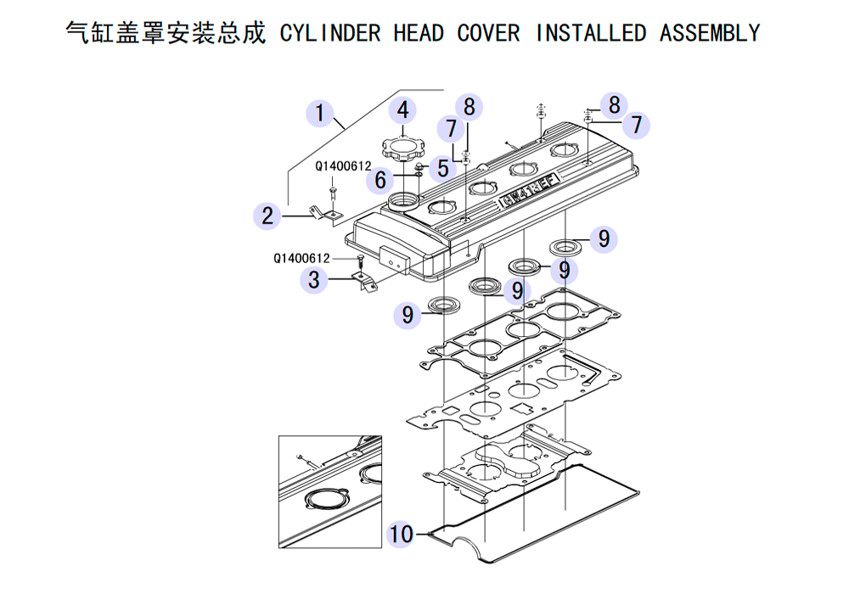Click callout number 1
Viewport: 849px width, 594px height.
(x=319, y=113)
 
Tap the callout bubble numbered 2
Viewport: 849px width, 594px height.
(x=267, y=216)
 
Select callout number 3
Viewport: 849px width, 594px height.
(x=314, y=279)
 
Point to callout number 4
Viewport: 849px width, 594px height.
(x=403, y=110)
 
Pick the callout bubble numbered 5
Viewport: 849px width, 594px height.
(x=443, y=168)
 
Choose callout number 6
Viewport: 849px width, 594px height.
(x=381, y=180)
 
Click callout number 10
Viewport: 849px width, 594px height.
(x=401, y=534)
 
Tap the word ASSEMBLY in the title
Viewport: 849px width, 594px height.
(x=709, y=33)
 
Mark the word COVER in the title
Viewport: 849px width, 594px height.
(x=488, y=33)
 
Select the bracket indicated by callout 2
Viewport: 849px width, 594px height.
(x=324, y=213)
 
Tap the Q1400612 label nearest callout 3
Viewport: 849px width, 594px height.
(x=301, y=258)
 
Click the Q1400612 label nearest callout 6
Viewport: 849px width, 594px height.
(x=343, y=166)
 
